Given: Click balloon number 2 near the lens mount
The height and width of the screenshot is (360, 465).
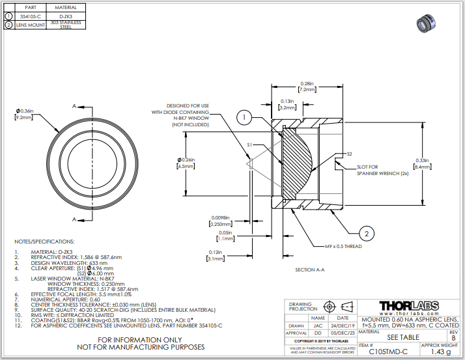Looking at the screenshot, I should coord(367,233).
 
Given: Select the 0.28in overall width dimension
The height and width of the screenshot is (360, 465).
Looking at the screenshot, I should coord(307,87).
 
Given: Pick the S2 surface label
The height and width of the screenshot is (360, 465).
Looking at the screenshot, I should coord(349,154).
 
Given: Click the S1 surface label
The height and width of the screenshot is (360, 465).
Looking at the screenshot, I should coord(249,144).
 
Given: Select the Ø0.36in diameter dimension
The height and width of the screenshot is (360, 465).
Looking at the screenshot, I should coord(23,114).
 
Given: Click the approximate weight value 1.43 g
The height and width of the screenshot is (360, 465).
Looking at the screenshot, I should coord(440,351).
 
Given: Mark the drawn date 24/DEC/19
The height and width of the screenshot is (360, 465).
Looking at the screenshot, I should coord(343,326).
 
